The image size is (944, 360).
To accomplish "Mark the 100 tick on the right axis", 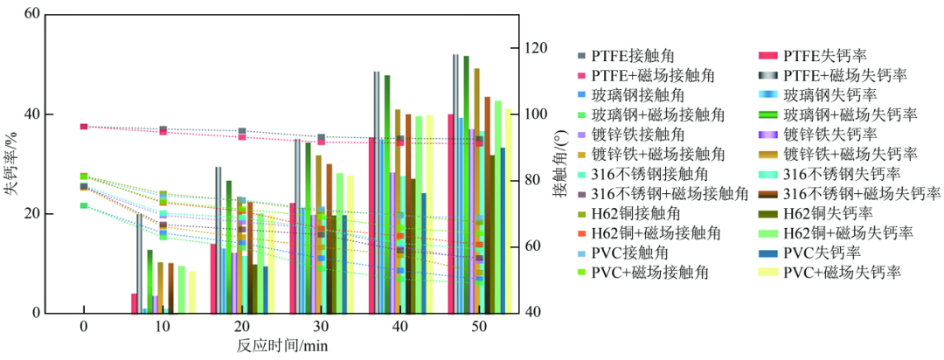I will coord(534,114).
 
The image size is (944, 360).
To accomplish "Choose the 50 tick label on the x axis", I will coord(478,326).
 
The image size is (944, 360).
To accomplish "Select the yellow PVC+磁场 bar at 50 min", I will coord(508,211).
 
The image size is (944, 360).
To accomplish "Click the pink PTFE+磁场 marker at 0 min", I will coord(84,127).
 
